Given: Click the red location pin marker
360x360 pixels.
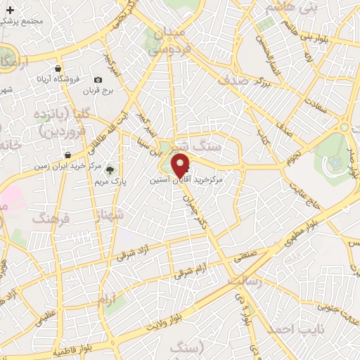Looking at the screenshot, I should (x=181, y=165).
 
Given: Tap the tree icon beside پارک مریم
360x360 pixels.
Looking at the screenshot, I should (x=108, y=169).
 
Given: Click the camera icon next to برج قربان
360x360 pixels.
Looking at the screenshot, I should (x=98, y=80).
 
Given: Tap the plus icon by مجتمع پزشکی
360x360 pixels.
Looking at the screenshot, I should (x=11, y=11).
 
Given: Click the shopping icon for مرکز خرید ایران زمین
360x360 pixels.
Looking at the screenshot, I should (x=67, y=155).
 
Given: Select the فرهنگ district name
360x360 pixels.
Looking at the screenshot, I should (x=51, y=219).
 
